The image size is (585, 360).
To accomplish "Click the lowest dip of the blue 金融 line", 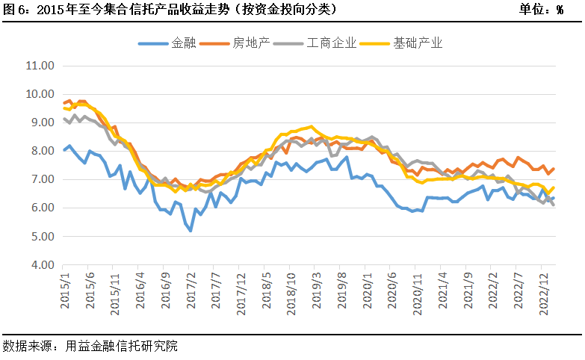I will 191,231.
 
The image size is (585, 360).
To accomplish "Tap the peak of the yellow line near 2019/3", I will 312,127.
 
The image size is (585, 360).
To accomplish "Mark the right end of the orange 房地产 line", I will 554,169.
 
